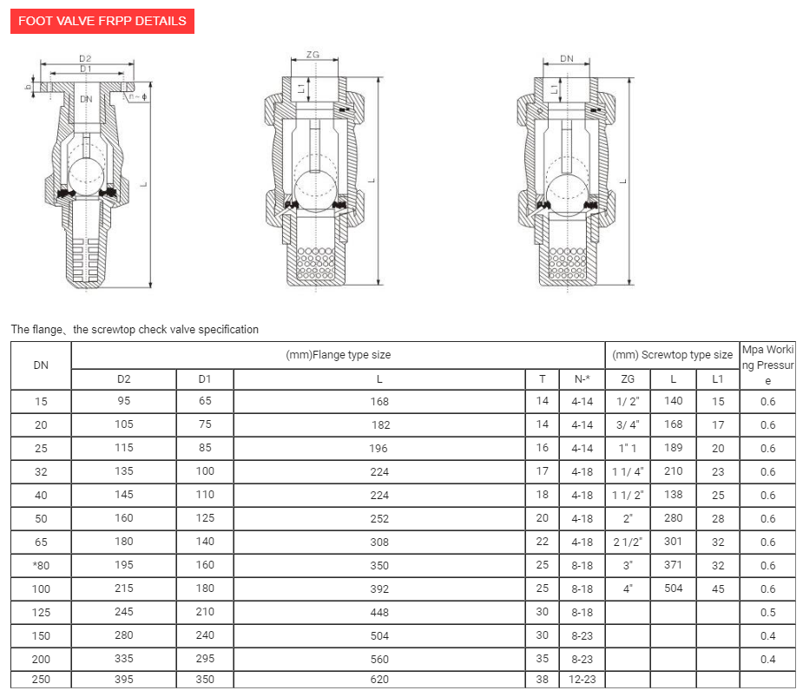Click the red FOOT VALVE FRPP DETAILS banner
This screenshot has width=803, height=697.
(102, 21)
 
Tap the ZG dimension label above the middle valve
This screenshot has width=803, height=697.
(313, 55)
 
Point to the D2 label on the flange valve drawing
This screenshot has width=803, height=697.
(85, 58)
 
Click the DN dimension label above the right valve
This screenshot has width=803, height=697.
(567, 58)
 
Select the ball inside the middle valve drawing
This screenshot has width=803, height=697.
(315, 190)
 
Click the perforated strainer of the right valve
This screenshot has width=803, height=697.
(568, 263)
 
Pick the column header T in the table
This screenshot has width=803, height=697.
(543, 379)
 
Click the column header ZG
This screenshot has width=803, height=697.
(628, 379)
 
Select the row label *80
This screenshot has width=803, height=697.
(41, 565)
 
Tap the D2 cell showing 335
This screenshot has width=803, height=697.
(124, 659)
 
